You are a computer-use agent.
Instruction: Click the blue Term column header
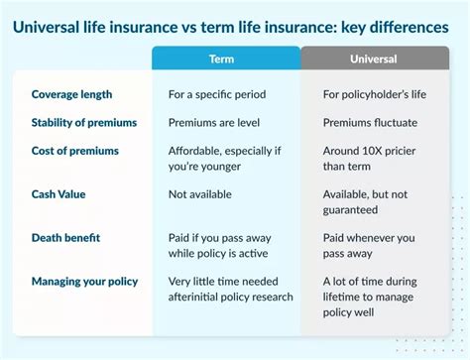224,59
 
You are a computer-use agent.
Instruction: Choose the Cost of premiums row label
75,150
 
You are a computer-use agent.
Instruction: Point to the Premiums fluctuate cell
370,122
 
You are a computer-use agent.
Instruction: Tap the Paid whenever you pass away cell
369,245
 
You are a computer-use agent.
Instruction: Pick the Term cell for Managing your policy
230,289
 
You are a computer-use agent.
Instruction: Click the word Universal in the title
54,27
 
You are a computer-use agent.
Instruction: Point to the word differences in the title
408,27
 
